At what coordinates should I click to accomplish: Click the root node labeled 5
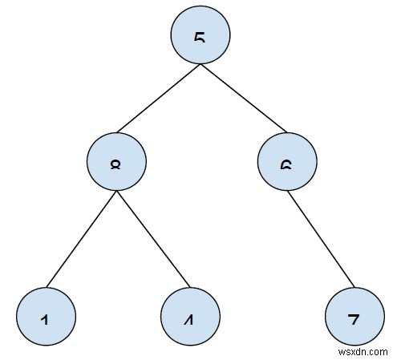point(201,37)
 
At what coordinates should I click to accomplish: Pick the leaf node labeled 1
point(46,315)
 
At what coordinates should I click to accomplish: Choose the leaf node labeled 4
point(189,315)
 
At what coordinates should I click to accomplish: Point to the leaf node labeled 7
point(354,315)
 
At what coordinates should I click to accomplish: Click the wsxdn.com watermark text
point(365,350)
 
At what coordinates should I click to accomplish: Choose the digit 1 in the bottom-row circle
point(46,319)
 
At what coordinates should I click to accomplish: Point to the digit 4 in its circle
point(189,319)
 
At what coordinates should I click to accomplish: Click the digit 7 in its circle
point(354,319)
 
